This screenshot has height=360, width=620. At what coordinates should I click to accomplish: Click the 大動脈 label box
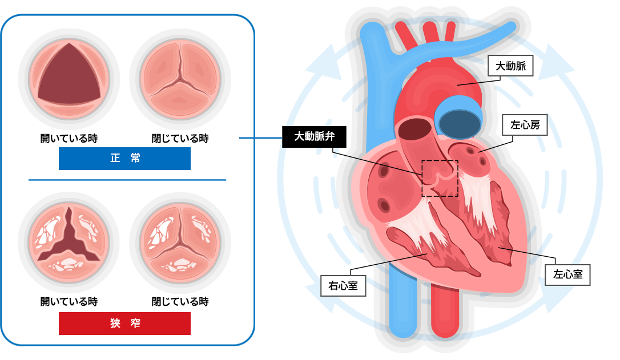pos(510,66)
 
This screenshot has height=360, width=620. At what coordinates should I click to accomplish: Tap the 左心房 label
pos(525,125)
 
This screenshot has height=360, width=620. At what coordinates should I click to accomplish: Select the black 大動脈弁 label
pos(314,136)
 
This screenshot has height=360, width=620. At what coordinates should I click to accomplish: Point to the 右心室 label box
pos(343,286)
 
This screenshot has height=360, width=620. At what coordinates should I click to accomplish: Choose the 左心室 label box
pos(567,274)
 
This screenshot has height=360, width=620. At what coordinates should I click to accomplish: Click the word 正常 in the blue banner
pos(125,158)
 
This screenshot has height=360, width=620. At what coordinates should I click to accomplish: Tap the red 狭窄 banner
pos(124,323)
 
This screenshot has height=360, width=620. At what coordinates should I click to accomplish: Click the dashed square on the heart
pos(440,179)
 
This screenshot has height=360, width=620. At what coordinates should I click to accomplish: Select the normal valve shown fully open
pos(69,79)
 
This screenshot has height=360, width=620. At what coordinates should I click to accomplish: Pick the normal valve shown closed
pos(180,79)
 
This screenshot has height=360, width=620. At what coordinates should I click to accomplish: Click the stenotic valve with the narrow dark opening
pos(69,242)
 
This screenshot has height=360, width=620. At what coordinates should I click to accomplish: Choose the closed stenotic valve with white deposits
pos(180,242)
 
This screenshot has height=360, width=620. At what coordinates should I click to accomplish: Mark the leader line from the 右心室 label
pos(407,258)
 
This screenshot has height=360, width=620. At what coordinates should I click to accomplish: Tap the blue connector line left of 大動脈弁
pos(260,137)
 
